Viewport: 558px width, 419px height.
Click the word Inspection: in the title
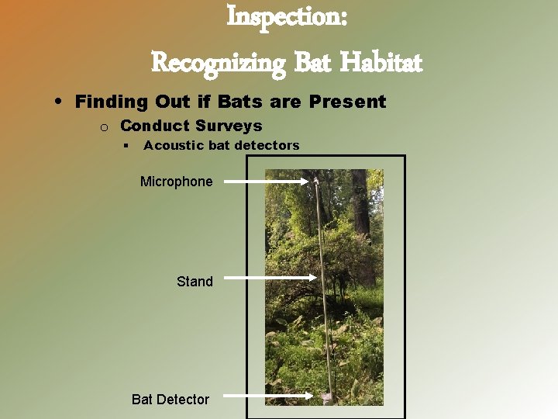point(287,17)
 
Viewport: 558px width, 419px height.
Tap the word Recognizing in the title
point(218,61)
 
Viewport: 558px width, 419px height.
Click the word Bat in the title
point(312,61)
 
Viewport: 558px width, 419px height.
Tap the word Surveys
point(229,126)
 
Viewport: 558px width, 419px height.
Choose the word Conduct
point(154,126)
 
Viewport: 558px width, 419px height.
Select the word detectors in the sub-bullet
point(267,145)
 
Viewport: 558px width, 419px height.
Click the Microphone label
point(176,182)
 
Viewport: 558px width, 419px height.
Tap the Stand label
point(195,282)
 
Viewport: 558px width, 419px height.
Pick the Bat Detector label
point(170,400)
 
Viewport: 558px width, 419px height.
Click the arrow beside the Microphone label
point(267,182)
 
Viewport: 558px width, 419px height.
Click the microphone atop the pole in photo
point(317,182)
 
